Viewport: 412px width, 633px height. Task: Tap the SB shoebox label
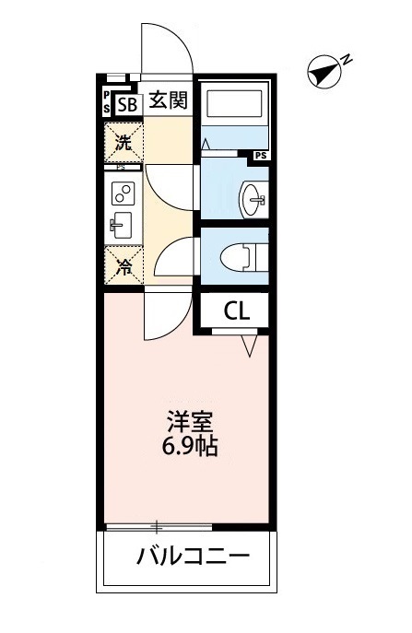127,103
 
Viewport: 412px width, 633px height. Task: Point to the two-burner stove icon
122,193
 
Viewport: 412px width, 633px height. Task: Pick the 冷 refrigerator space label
123,268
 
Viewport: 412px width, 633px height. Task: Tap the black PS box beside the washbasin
262,156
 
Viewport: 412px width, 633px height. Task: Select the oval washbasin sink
252,195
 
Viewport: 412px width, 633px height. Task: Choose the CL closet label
236,311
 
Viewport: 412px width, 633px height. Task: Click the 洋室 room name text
190,425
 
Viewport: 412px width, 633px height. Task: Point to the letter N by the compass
347,60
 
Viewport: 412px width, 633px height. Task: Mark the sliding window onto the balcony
159,528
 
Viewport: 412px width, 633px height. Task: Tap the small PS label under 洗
121,168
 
